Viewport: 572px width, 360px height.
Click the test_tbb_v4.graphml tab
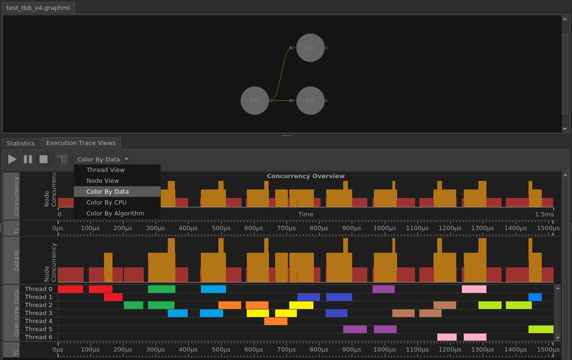click(x=38, y=8)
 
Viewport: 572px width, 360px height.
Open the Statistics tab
click(x=21, y=143)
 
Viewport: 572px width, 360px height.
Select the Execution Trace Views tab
click(x=81, y=143)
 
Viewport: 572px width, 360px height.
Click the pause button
click(x=28, y=159)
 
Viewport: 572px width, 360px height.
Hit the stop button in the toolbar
click(x=43, y=159)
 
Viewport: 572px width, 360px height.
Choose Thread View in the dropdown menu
click(x=105, y=170)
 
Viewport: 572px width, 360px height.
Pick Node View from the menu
click(x=103, y=181)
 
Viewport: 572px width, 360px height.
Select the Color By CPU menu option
click(x=106, y=203)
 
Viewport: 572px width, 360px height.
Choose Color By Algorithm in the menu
click(x=115, y=214)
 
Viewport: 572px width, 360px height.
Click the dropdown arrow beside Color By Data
click(x=127, y=159)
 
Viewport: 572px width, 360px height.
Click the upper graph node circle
click(x=310, y=48)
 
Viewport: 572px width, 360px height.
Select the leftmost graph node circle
click(x=254, y=101)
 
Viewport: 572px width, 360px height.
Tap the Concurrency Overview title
click(x=305, y=176)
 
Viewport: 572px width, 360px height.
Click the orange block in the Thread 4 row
click(x=276, y=321)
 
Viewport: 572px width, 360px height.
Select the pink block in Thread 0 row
click(x=474, y=289)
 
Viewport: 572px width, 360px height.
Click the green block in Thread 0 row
click(x=161, y=289)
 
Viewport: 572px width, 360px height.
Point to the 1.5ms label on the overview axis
click(x=544, y=214)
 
